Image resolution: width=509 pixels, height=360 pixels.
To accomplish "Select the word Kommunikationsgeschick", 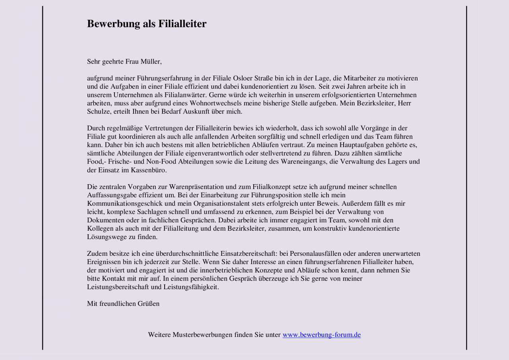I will point(120,204).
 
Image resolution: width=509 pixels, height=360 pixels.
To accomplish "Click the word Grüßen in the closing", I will point(148,304).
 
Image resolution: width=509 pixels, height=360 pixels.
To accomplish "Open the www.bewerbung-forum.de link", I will point(322,335).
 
